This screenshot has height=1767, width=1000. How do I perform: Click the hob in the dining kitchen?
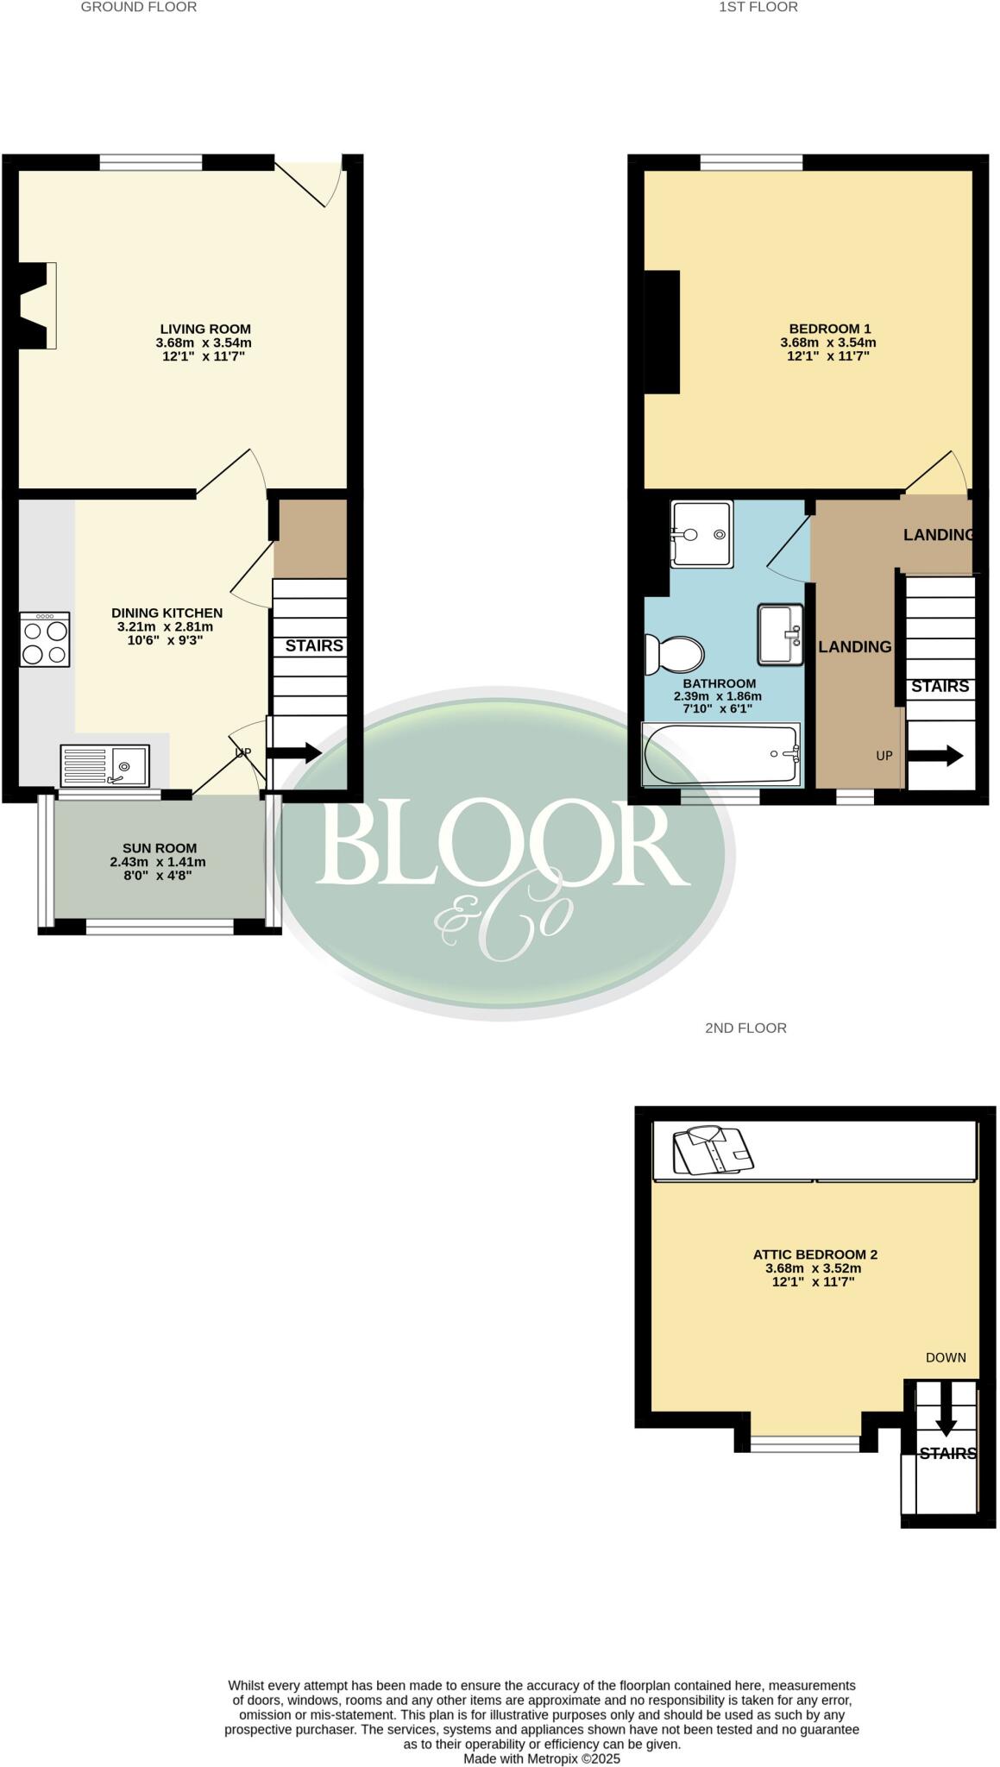coord(45,639)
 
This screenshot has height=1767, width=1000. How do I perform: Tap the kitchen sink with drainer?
coord(104,765)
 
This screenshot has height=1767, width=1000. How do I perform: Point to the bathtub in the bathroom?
coord(721,755)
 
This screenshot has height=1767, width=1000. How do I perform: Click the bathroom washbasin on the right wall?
coord(780,634)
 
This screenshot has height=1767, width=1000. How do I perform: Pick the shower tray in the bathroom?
coord(701,534)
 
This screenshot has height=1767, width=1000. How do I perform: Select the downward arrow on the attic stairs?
coord(946,1421)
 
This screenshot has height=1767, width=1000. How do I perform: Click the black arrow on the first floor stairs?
coord(935,757)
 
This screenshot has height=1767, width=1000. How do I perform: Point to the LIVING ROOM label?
coord(205,329)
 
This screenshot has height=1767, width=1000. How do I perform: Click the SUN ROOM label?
coord(160,848)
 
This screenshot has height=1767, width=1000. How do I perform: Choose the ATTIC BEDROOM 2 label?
coord(814,1255)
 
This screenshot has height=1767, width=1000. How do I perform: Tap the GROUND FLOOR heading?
coord(139,7)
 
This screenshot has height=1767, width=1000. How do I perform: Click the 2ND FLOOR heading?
coord(745,1028)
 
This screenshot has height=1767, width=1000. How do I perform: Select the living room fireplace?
coord(36,305)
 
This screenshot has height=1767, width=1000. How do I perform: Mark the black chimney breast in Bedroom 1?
coord(662,331)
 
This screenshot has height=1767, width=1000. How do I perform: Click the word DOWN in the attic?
coord(946,1357)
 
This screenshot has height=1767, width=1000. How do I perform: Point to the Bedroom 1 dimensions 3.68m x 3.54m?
coord(828,342)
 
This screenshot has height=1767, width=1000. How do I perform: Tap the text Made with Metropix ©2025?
coord(542,1758)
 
